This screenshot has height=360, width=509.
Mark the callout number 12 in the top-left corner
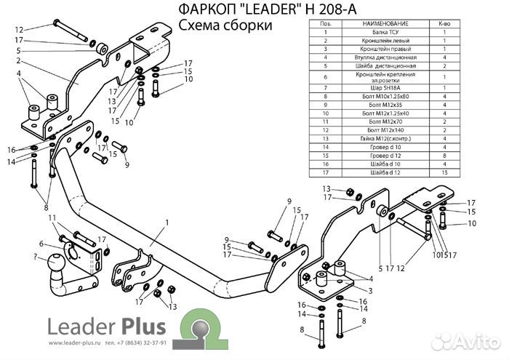[19, 30]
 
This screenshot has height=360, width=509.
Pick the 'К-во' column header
[444, 24]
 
